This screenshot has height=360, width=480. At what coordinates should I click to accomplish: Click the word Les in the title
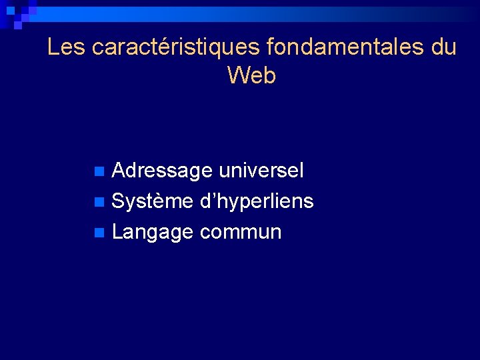(67, 47)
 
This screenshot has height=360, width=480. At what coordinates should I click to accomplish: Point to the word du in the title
(443, 47)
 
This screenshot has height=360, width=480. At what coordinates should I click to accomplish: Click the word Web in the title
(251, 75)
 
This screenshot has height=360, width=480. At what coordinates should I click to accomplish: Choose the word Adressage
(162, 171)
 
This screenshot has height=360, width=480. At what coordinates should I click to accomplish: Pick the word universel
(261, 171)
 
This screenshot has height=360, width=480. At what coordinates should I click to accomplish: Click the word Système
(153, 201)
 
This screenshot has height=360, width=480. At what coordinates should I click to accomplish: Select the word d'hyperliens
(257, 202)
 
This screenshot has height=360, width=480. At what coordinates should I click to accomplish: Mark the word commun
(241, 233)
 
